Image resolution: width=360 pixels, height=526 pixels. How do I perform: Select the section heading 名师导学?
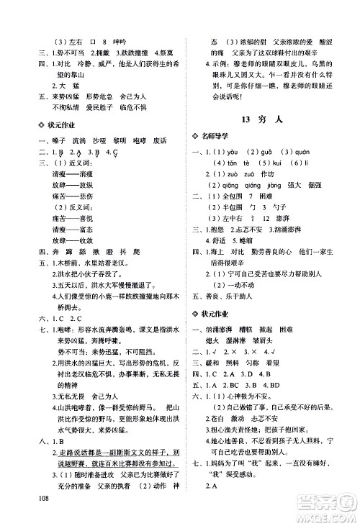219,137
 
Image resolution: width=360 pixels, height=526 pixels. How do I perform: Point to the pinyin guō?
267,152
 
